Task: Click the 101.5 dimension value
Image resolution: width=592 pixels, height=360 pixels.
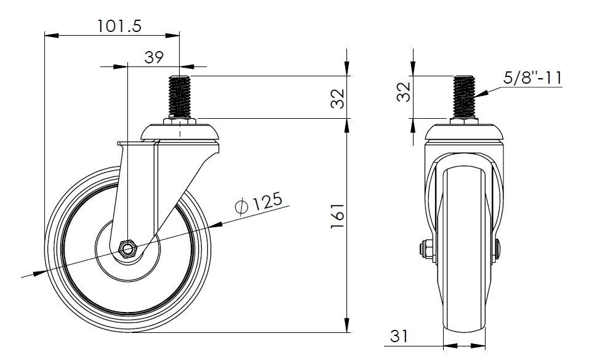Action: pyautogui.click(x=119, y=26)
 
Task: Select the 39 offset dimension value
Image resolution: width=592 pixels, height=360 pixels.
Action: pyautogui.click(x=154, y=57)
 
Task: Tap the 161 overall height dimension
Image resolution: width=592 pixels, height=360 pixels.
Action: pyautogui.click(x=338, y=216)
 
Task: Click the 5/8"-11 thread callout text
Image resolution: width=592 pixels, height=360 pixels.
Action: pyautogui.click(x=533, y=78)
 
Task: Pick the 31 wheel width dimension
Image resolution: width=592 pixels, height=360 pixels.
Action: pyautogui.click(x=399, y=336)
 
